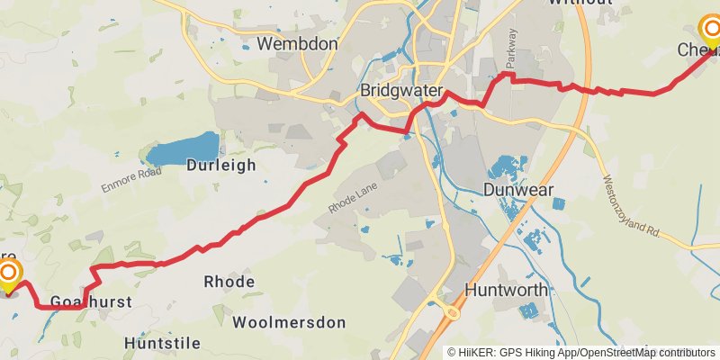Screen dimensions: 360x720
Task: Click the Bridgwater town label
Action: (402, 91)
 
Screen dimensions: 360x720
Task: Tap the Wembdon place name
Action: (297, 43)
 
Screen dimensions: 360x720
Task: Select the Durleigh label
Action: (221, 166)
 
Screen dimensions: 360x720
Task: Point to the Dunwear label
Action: (517, 190)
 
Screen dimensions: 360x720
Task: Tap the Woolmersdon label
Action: (289, 322)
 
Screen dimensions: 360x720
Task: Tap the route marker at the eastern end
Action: (710, 31)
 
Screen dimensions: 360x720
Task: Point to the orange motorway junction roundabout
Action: (452, 312)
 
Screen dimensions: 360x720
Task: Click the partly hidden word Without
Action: (580, 3)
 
